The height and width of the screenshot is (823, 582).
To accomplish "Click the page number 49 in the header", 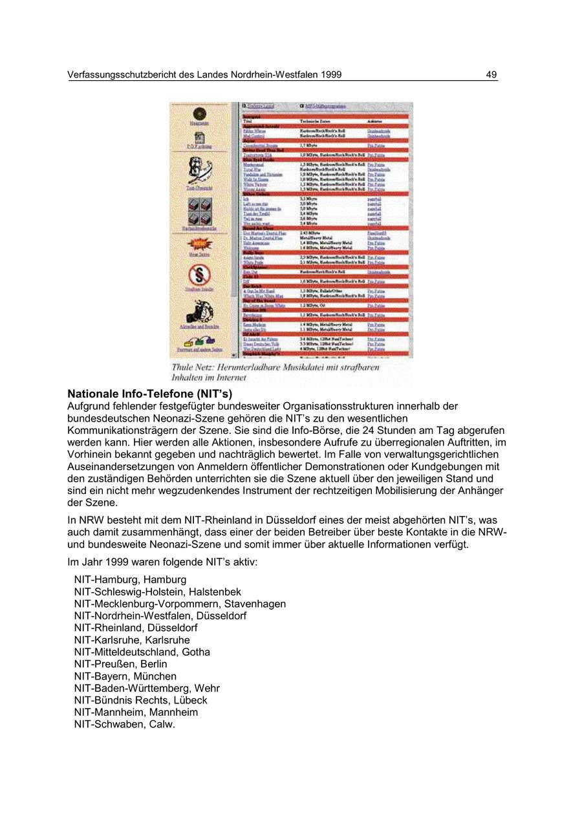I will click(x=491, y=75).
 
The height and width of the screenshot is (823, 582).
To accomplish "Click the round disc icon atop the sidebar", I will click(x=199, y=113).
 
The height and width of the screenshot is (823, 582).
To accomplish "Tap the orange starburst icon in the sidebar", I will click(x=199, y=244).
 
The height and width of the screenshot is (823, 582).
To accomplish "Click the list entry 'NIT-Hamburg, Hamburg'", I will click(x=130, y=580).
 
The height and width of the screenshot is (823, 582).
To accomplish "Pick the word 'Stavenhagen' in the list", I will click(x=255, y=604).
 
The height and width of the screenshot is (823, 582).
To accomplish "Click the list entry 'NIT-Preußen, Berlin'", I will click(x=120, y=664).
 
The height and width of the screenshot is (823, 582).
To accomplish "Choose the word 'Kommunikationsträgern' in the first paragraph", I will click(x=124, y=431).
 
